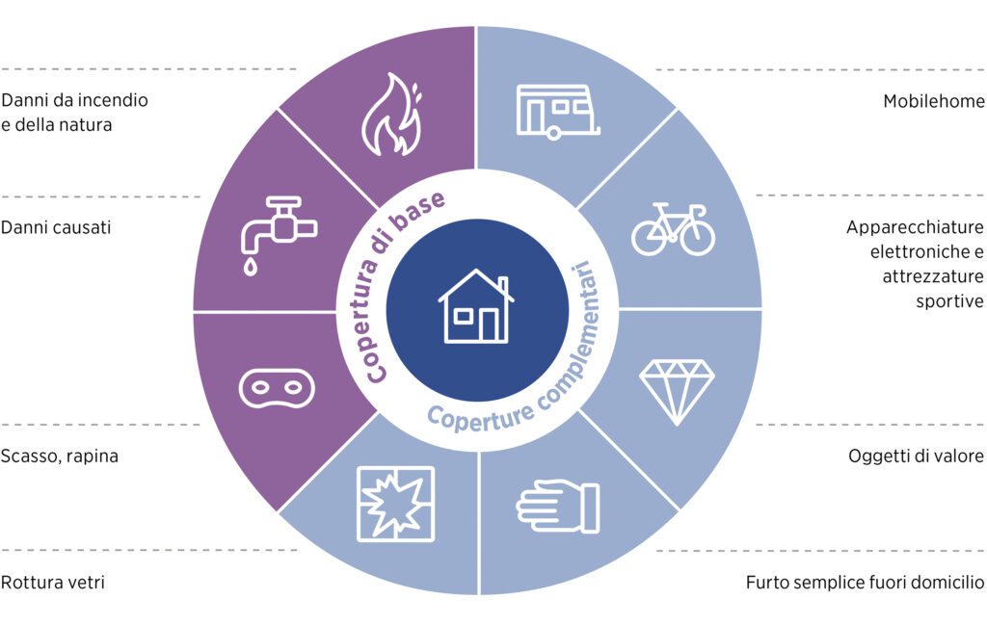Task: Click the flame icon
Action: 391,115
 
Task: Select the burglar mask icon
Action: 277,388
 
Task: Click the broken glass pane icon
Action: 395,504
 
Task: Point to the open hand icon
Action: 558,507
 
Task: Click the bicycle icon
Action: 673,229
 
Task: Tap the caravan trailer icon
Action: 558,112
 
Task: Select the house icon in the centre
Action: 476,306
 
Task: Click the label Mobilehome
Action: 933,101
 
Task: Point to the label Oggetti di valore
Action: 916,456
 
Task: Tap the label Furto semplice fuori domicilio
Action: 865,583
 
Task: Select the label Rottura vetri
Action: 53,583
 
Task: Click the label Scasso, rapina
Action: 59,456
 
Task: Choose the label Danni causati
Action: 56,227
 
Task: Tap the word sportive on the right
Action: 949,301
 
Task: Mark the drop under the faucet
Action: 251,267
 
